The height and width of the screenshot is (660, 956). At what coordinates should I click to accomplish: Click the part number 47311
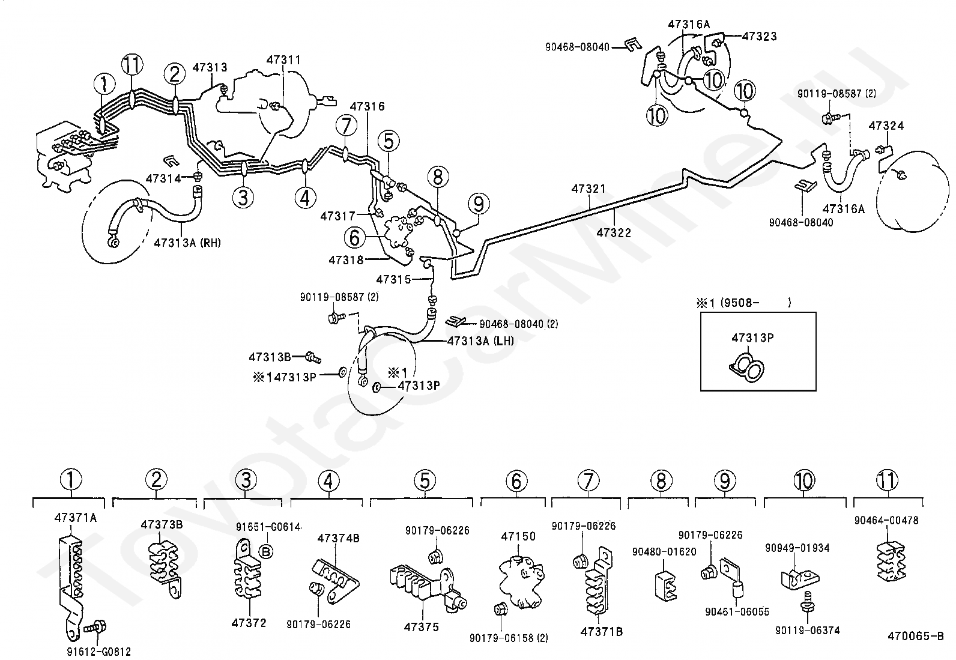click(283, 60)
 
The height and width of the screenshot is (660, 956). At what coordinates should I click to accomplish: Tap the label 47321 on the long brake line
click(588, 189)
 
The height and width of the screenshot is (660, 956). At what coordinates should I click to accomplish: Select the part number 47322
click(614, 232)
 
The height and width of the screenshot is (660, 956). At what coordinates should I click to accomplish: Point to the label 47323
click(759, 36)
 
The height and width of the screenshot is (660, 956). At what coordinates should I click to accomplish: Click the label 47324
click(886, 126)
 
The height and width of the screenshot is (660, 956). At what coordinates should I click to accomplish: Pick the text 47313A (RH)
click(187, 243)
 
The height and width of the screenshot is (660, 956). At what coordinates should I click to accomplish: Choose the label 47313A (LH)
click(480, 341)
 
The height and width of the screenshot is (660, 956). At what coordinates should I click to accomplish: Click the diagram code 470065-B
click(915, 636)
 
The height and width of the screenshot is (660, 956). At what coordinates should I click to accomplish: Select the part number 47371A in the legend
click(76, 518)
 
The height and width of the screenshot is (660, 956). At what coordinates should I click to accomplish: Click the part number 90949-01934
click(797, 548)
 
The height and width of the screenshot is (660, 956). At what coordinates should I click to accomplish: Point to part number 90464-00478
click(886, 520)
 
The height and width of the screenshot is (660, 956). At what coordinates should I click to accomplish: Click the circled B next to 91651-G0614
click(266, 552)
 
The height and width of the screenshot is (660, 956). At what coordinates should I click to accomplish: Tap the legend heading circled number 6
click(516, 480)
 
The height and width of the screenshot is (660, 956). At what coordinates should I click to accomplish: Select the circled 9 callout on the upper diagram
click(479, 204)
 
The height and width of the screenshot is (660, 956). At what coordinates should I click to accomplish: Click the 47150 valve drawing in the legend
click(521, 581)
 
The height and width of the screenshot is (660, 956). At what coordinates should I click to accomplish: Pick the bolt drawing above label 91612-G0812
click(95, 627)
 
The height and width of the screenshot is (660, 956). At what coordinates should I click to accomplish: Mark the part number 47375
click(421, 627)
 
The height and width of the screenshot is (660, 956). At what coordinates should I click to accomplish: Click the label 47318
click(346, 259)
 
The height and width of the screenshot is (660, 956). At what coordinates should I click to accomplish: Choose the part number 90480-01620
click(664, 551)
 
